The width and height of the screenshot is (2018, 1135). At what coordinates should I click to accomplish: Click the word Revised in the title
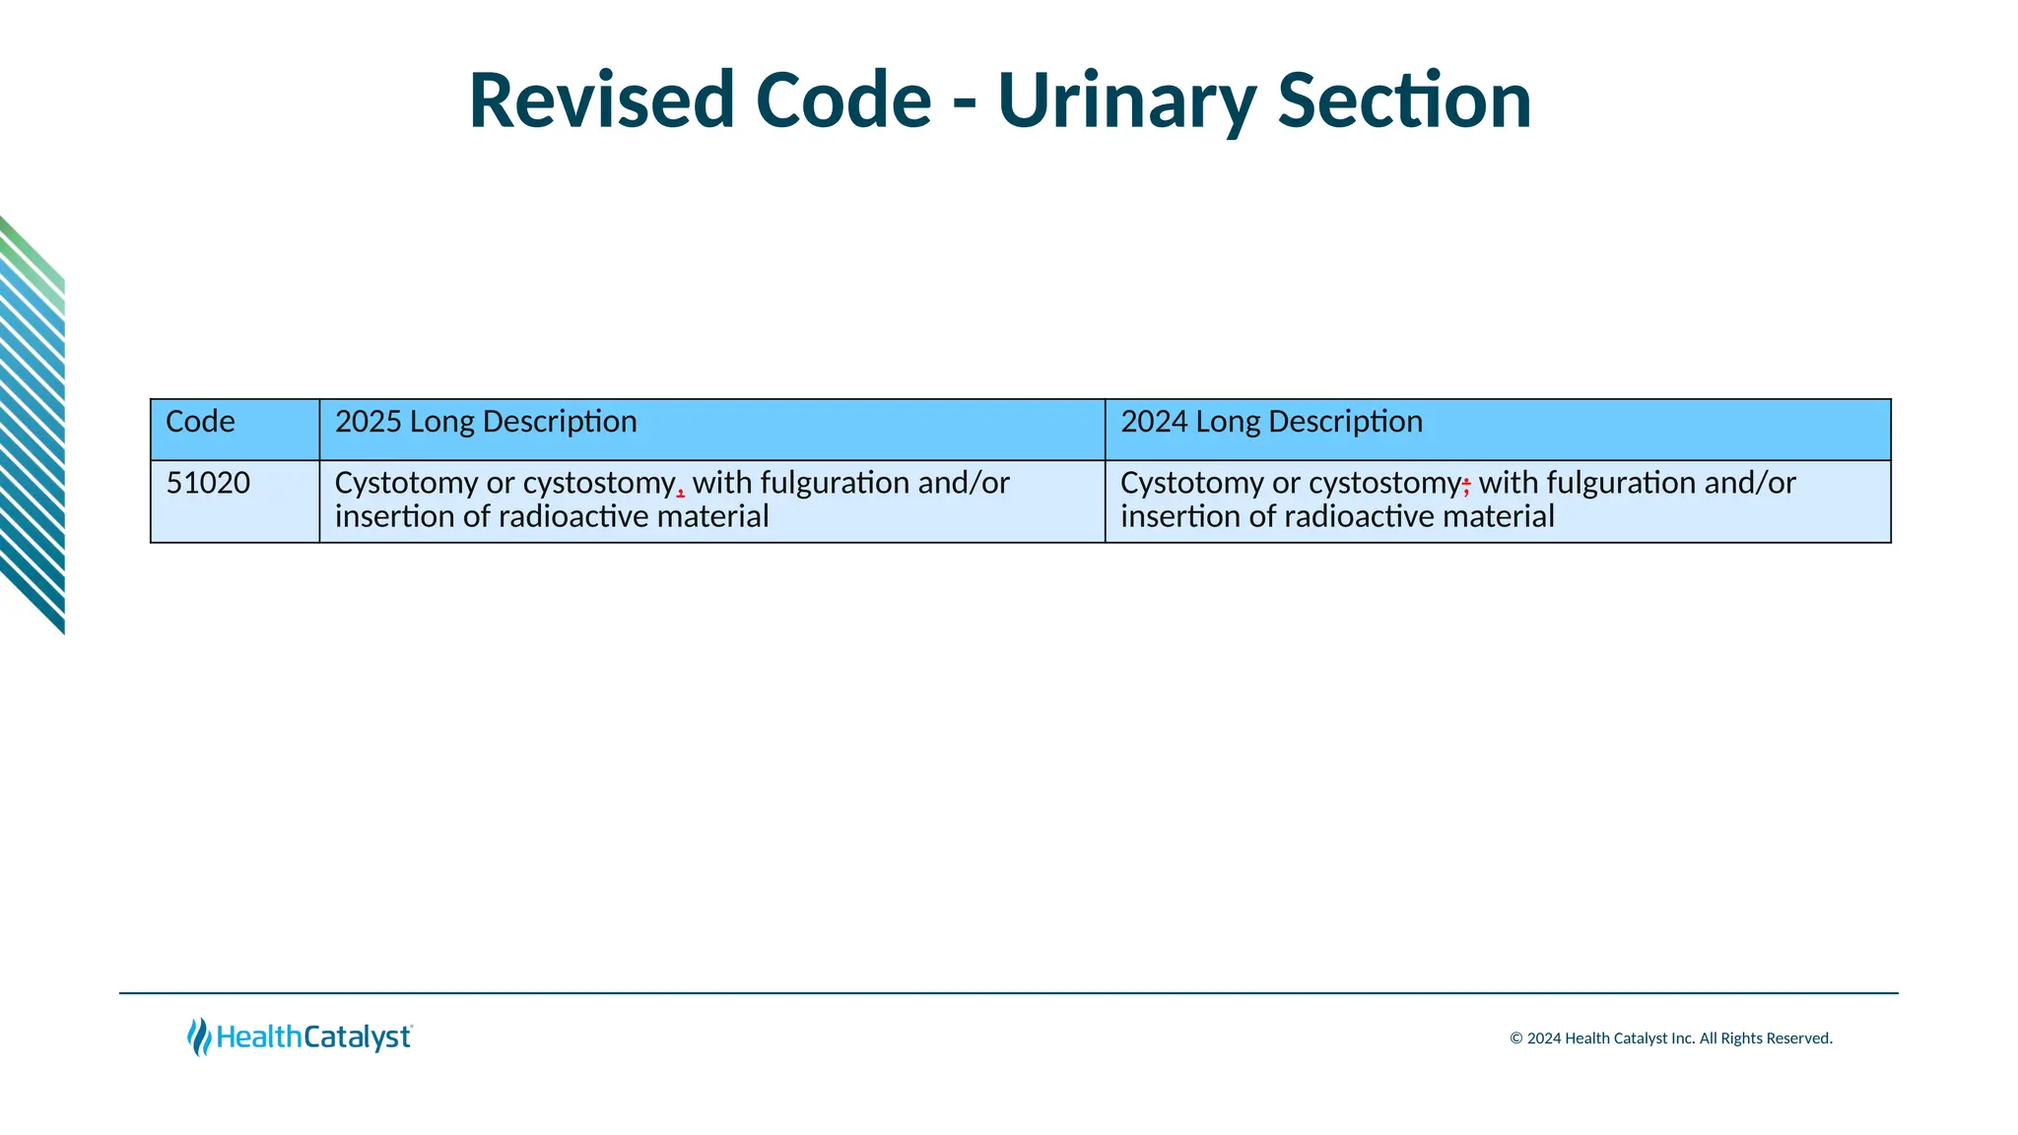pyautogui.click(x=601, y=100)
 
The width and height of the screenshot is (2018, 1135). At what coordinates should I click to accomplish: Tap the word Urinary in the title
pyautogui.click(x=1126, y=100)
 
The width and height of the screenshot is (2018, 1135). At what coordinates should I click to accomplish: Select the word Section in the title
pyautogui.click(x=1404, y=100)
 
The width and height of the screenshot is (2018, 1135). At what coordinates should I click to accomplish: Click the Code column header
pyautogui.click(x=200, y=422)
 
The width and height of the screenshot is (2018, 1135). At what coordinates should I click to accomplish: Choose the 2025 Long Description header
pyautogui.click(x=486, y=422)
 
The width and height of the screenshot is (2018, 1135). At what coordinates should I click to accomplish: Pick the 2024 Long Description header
pyautogui.click(x=1271, y=422)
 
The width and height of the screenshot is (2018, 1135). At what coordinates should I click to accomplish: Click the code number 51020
pyautogui.click(x=208, y=483)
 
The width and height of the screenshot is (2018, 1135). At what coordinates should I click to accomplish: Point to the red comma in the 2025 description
pyautogui.click(x=681, y=490)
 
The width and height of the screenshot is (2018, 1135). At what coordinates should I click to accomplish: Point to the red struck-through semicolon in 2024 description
pyautogui.click(x=1466, y=485)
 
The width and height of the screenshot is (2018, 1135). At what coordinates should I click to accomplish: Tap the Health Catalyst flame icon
pyautogui.click(x=199, y=1036)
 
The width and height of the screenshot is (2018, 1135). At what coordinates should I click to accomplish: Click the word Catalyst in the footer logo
pyautogui.click(x=357, y=1037)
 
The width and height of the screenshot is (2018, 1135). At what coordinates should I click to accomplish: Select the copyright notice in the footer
pyautogui.click(x=1670, y=1038)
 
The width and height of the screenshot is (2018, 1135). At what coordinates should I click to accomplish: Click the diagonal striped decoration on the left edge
pyautogui.click(x=33, y=424)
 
